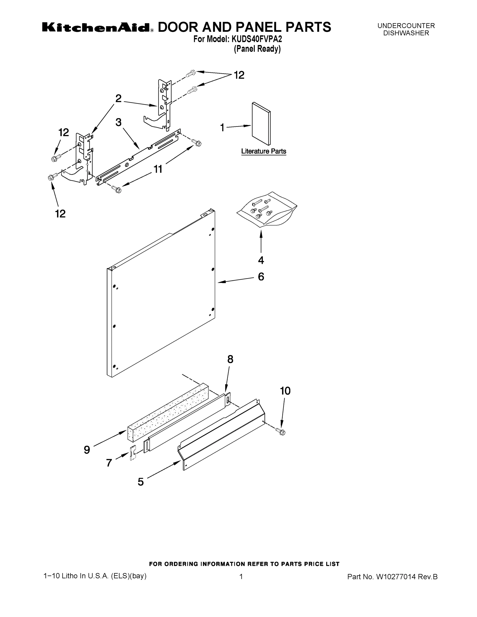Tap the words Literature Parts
[263, 151]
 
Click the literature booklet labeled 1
[261, 123]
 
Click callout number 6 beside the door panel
[261, 277]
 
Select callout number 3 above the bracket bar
[118, 122]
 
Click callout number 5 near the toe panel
[141, 482]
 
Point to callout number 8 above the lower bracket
[230, 359]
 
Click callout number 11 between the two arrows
[158, 169]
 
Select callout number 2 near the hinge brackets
[118, 98]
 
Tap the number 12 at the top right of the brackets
[239, 75]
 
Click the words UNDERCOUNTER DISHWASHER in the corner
[406, 29]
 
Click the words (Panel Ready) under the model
[257, 49]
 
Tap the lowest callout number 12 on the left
[60, 214]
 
